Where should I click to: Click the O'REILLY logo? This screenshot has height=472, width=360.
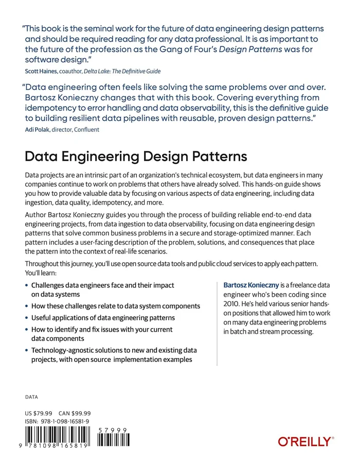coord(305,441)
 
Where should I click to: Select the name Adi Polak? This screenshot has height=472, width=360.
coord(37,130)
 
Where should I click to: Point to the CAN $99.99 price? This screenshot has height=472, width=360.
coord(75,413)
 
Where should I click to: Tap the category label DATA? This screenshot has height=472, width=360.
coord(31,397)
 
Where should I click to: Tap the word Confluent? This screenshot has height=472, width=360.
coord(86,130)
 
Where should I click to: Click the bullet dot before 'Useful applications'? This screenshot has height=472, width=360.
coord(27,318)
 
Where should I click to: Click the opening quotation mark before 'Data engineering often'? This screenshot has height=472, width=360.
coord(23,87)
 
